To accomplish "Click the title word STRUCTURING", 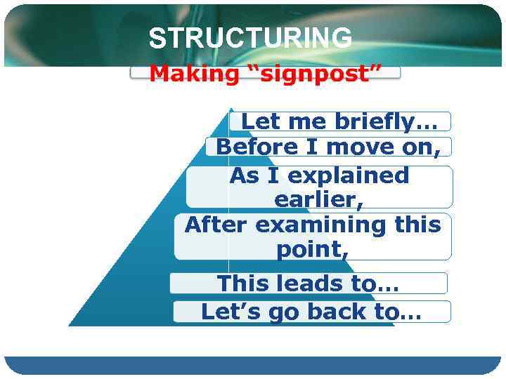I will coord(250,38).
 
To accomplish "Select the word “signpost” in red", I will coord(313,74).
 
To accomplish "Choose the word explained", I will coord(345,175).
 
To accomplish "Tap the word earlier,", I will coord(319,200).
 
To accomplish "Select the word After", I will coord(216,225).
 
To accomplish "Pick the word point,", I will coord(312,249).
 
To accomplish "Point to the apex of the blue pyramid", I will coord(229,109).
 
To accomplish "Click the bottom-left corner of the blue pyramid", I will coord(69,326).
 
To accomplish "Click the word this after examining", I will coord(419,225).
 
